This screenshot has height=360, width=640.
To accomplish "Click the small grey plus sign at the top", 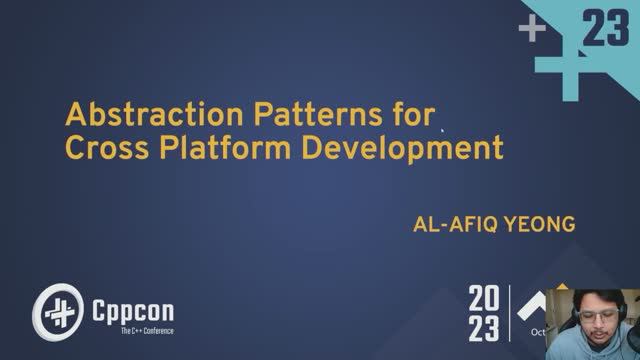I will pos(532,30).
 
